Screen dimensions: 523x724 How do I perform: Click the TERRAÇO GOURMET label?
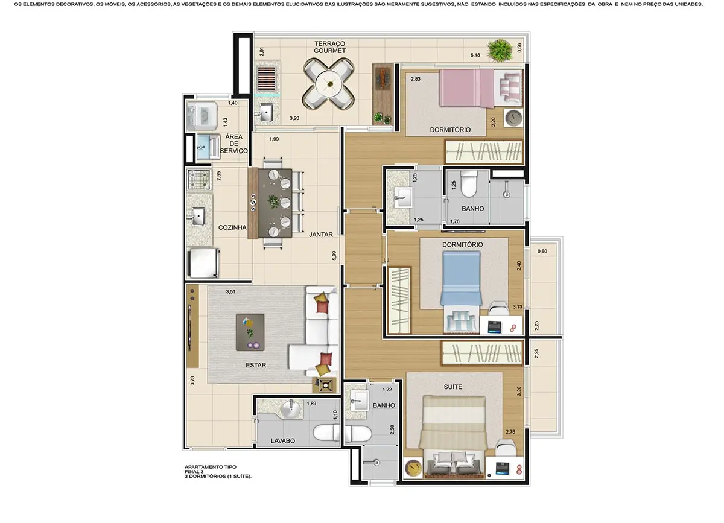[x=329, y=47]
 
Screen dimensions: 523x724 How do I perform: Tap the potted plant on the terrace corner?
[x=499, y=49]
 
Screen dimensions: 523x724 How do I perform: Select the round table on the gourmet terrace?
[x=329, y=85]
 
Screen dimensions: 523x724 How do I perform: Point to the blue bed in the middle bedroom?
[x=460, y=278]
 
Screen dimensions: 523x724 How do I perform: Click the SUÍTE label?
[x=453, y=387]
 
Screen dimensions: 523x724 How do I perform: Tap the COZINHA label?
[x=233, y=227]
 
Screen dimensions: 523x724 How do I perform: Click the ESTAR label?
[x=256, y=365]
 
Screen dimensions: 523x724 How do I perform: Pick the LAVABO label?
[x=282, y=441]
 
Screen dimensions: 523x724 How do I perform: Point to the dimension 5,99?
[x=334, y=256]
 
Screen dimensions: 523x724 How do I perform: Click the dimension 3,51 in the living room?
[x=230, y=292]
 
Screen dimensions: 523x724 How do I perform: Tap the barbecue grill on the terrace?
[x=266, y=78]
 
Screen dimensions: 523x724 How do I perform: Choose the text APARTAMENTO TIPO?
[x=211, y=467]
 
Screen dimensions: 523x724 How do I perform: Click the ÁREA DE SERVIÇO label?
[x=233, y=144]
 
